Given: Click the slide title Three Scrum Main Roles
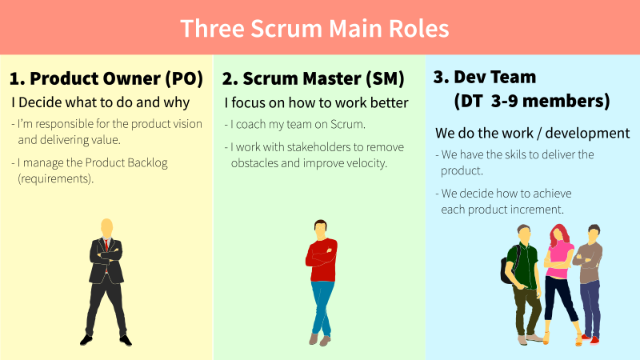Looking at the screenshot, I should pos(314,28).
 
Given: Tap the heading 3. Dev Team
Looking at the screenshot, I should pos(484,77).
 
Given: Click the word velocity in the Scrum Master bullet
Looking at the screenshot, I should pos(364,163).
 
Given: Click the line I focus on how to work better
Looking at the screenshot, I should pos(316,102).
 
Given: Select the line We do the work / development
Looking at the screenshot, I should pos(532,133).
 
